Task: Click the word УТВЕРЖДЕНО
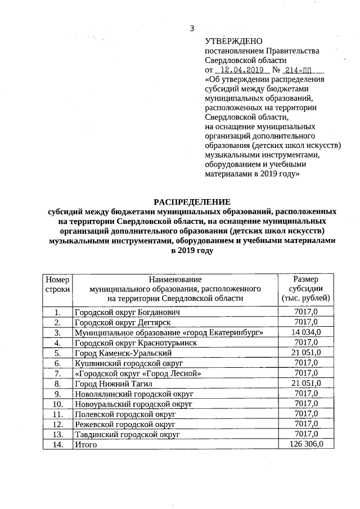(x=234, y=41)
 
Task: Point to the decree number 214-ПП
(x=301, y=70)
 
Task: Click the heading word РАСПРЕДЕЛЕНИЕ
(x=192, y=201)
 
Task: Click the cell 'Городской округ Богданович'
(x=127, y=312)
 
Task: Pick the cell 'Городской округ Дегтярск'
(x=123, y=322)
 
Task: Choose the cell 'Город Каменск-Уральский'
(x=123, y=353)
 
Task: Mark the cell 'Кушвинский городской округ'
(x=129, y=363)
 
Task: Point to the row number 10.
(x=57, y=404)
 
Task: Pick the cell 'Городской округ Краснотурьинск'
(x=136, y=343)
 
